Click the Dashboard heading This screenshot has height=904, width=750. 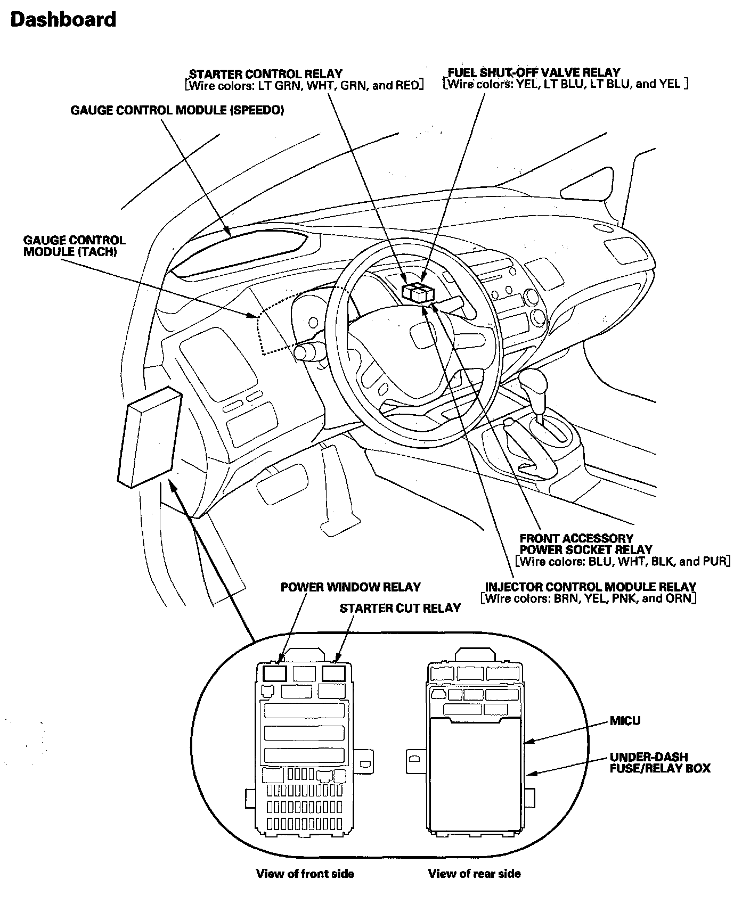pos(63,20)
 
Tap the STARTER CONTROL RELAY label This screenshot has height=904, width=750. pos(266,74)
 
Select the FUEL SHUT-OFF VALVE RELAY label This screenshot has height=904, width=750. pos(534,72)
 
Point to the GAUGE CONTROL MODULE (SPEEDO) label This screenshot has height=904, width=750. pos(177,110)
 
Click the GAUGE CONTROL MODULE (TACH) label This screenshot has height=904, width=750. pos(74,246)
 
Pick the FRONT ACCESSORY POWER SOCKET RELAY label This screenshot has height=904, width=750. pos(585,544)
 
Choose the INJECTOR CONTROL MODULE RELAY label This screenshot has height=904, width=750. pos(590,587)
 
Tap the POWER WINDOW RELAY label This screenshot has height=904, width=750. pos(350,587)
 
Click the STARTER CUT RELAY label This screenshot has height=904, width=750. pos(400,608)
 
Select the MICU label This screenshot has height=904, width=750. pos(625,721)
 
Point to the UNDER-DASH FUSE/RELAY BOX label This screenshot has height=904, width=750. pos(660,762)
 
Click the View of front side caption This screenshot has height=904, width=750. pos(305,874)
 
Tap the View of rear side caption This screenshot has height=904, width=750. pos(474,874)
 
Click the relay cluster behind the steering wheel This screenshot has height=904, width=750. pos(418,293)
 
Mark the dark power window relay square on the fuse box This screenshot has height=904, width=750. pos(275,673)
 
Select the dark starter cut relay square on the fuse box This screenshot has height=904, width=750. pos(334,673)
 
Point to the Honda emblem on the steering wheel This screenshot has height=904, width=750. pos(422,336)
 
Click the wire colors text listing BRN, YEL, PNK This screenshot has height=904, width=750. pos(589,598)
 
